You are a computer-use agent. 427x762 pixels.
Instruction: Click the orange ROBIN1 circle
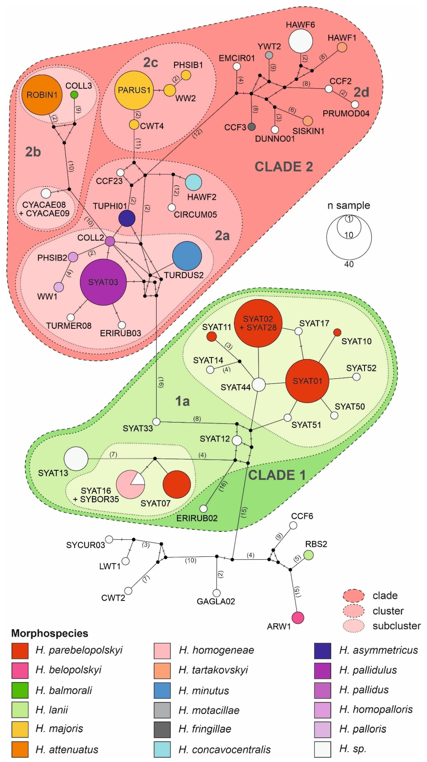tap(42, 95)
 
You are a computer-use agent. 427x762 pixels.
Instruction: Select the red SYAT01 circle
tap(307, 381)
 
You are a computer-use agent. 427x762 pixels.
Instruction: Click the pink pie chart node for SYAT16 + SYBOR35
tap(130, 484)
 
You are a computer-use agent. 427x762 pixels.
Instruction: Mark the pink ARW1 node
tap(298, 617)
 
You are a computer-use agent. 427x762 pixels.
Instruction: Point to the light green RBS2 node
tap(309, 555)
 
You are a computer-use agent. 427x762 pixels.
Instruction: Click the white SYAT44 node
tap(259, 385)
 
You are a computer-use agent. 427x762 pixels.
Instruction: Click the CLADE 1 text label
tap(277, 475)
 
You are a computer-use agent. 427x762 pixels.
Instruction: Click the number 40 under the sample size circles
tap(349, 264)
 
